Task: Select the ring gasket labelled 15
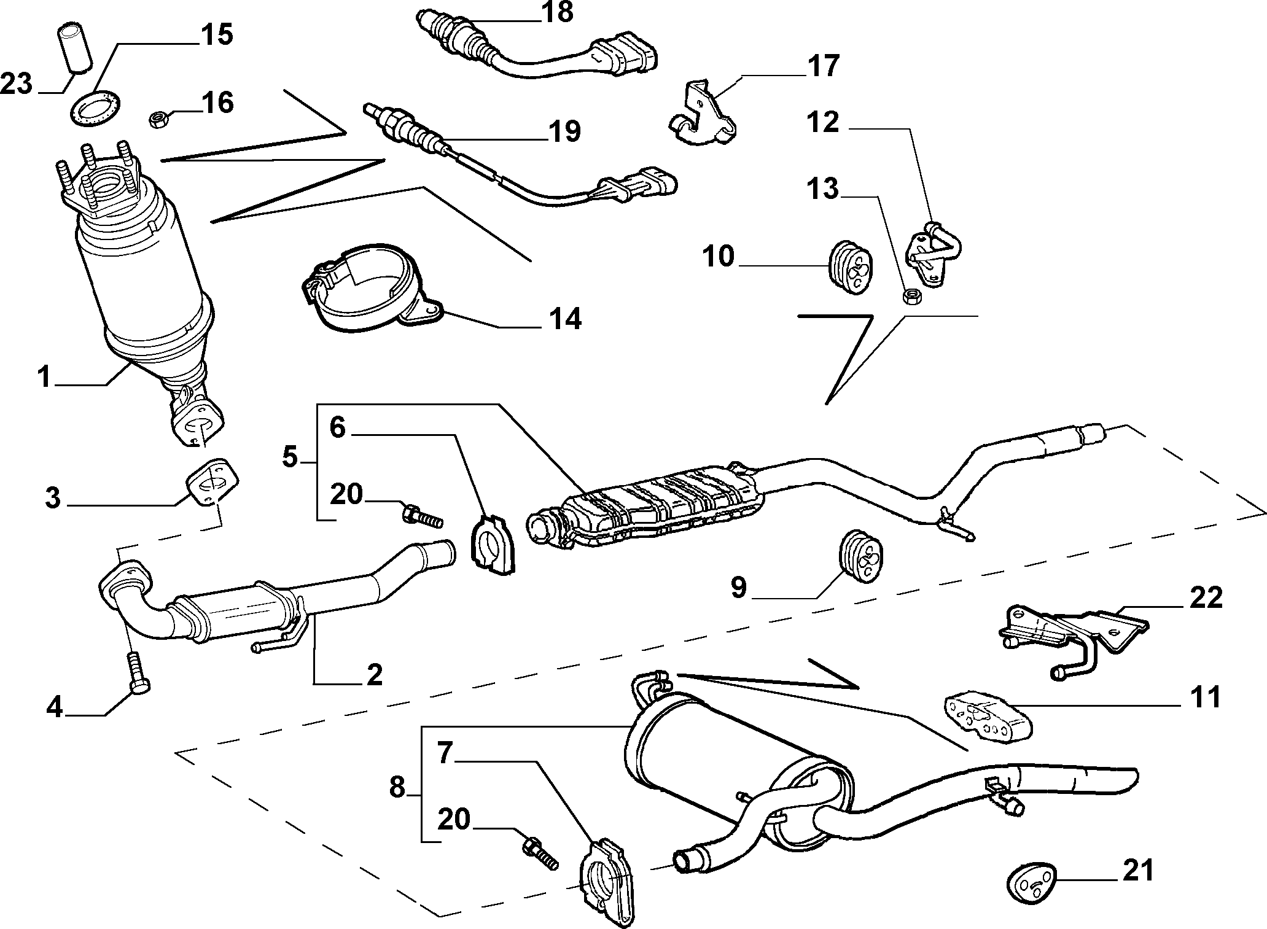click(95, 107)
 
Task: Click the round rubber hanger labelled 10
click(851, 269)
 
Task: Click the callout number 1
click(44, 377)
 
